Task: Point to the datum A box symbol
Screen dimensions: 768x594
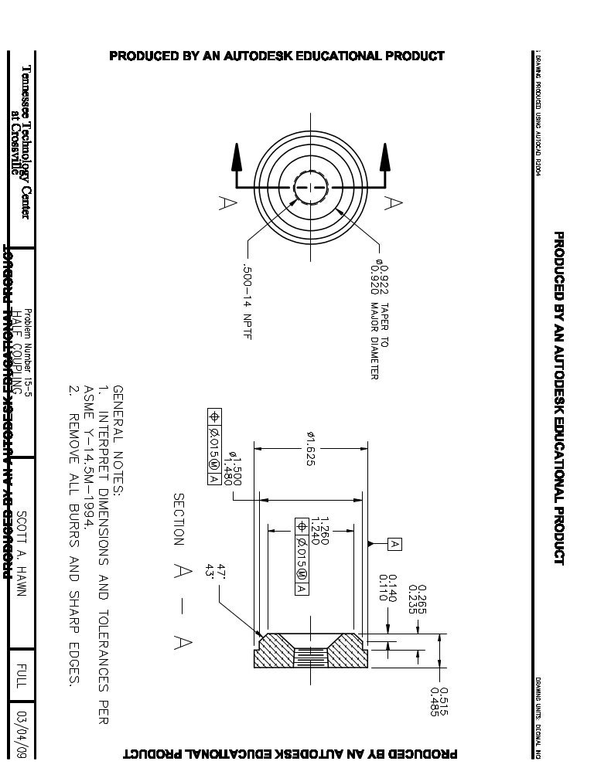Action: point(394,545)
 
